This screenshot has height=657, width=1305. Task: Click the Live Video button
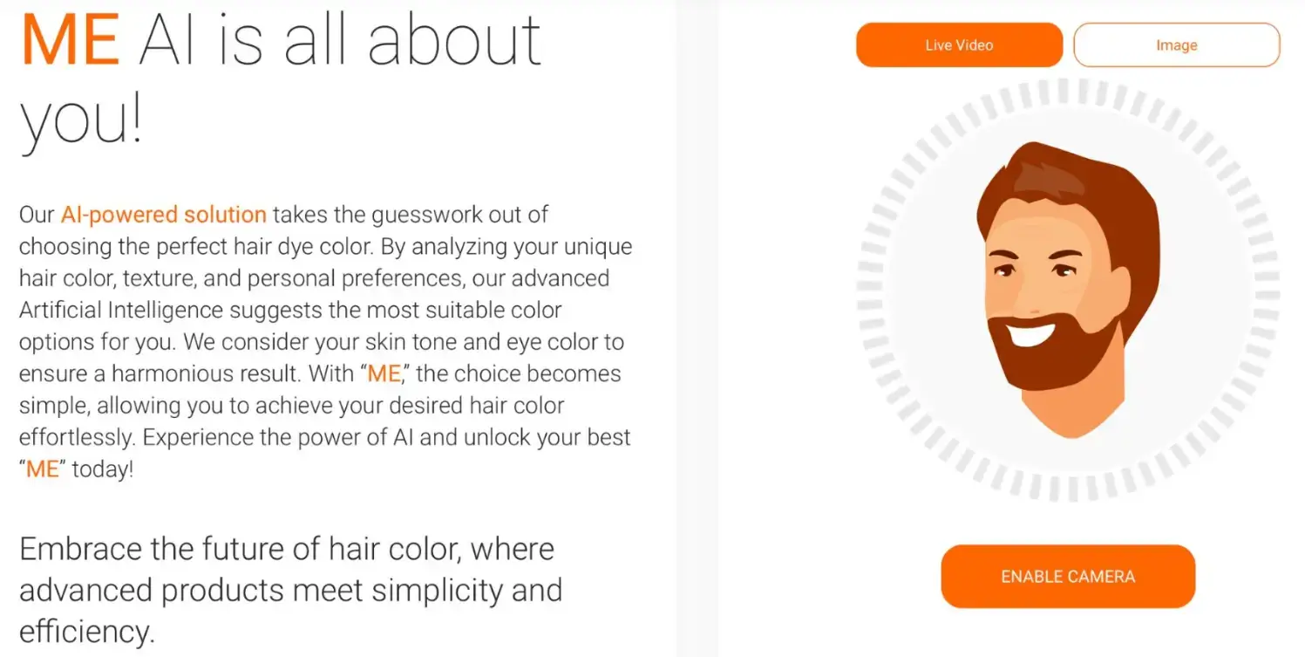pyautogui.click(x=959, y=45)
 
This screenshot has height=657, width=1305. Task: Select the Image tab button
pyautogui.click(x=1176, y=45)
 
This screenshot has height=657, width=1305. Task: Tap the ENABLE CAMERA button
pyautogui.click(x=1067, y=577)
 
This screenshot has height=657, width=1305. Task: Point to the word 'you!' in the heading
pyautogui.click(x=80, y=122)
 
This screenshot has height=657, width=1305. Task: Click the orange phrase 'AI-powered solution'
pyautogui.click(x=164, y=215)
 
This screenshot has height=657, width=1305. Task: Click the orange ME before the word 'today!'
pyautogui.click(x=42, y=469)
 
